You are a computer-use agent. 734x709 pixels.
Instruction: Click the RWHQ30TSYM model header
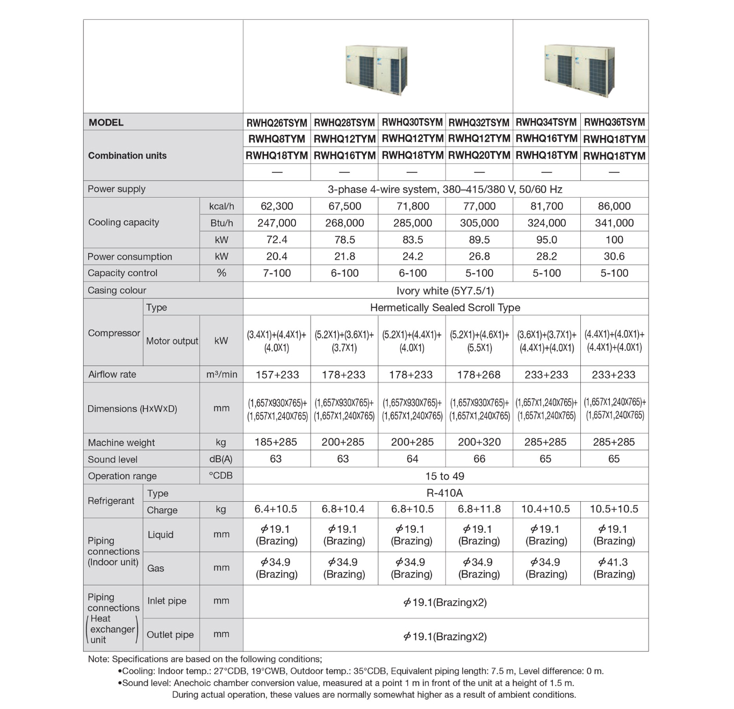pyautogui.click(x=412, y=122)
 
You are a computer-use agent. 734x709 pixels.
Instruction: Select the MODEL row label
pyautogui.click(x=106, y=122)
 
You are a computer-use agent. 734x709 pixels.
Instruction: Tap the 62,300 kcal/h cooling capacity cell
pyautogui.click(x=277, y=206)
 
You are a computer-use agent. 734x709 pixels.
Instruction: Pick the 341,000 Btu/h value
pyautogui.click(x=614, y=223)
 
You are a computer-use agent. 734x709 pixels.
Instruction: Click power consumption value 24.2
pyautogui.click(x=412, y=256)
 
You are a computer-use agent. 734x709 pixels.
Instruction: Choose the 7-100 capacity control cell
pyautogui.click(x=277, y=273)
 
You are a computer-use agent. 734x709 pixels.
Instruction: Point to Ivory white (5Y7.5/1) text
pyautogui.click(x=445, y=291)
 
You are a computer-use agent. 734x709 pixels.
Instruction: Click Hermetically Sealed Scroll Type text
pyautogui.click(x=445, y=307)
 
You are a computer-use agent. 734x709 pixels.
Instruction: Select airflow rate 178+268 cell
pyautogui.click(x=479, y=374)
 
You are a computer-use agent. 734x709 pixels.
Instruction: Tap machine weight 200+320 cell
pyautogui.click(x=479, y=442)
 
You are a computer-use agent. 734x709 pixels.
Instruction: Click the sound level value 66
pyautogui.click(x=479, y=459)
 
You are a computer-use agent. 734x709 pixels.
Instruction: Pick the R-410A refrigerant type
pyautogui.click(x=444, y=493)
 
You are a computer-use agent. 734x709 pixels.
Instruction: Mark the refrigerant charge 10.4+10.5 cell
pyautogui.click(x=546, y=509)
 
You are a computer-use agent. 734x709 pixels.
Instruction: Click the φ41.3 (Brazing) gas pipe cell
pyautogui.click(x=614, y=568)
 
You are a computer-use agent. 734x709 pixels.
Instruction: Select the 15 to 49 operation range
pyautogui.click(x=444, y=476)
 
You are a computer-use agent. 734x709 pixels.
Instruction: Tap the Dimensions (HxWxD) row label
pyautogui.click(x=132, y=409)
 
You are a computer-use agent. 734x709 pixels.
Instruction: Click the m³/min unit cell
pyautogui.click(x=221, y=374)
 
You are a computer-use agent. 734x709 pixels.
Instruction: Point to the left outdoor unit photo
pyautogui.click(x=376, y=70)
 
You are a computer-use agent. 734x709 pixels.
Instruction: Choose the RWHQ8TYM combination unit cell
pyautogui.click(x=277, y=139)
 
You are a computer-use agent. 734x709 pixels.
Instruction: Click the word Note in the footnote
pyautogui.click(x=98, y=659)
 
